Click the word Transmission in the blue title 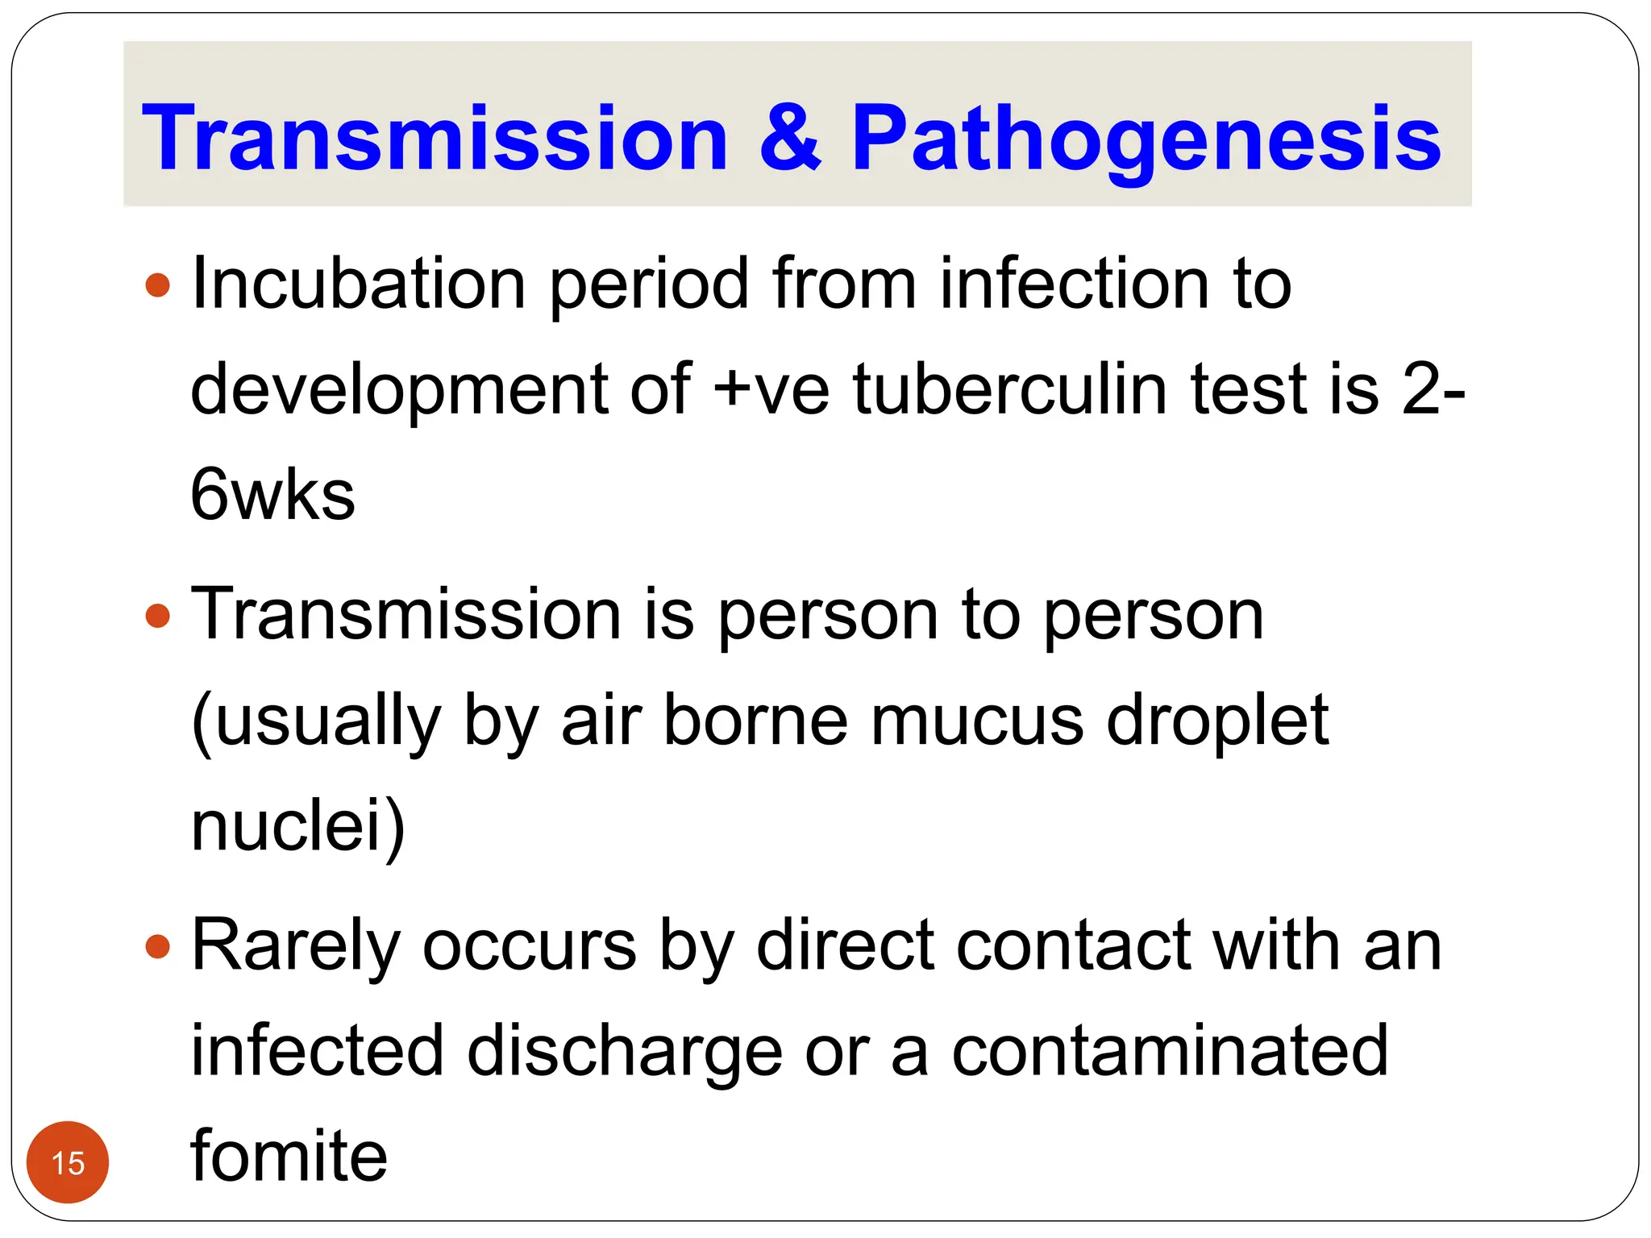coord(435,139)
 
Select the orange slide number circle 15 coord(68,1162)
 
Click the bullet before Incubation coord(159,285)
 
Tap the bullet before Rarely coord(159,946)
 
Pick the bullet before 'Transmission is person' coord(159,617)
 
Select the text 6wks coord(272,495)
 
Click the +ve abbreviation coord(771,391)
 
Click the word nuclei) coord(297,827)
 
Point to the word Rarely coord(296,948)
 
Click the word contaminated coord(1170,1051)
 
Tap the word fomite coord(289,1156)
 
